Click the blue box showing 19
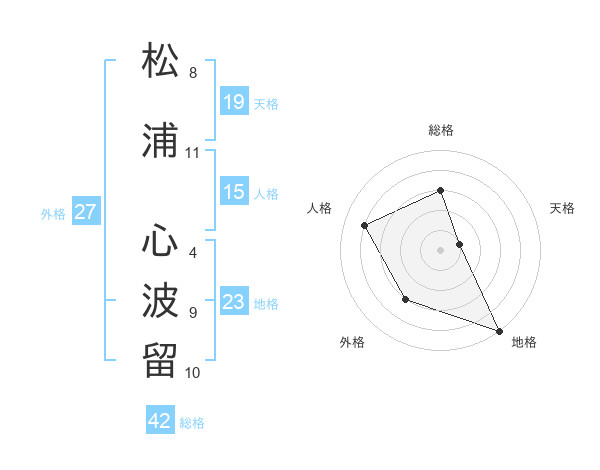point(234,101)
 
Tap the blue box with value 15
point(234,192)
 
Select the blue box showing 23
point(234,302)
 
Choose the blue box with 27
point(86,212)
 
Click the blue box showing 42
point(160,421)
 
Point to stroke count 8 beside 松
point(193,73)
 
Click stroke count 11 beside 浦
point(193,153)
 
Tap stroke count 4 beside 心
point(193,252)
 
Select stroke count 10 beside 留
point(193,373)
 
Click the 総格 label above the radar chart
point(441,130)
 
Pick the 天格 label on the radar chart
point(562,208)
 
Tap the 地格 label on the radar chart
point(524,343)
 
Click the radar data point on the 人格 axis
point(365,225)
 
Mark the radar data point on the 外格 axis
point(405,299)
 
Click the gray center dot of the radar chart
point(441,250)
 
